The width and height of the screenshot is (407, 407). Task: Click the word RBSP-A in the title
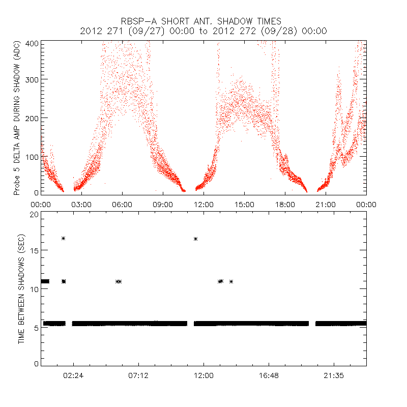[x=140, y=21]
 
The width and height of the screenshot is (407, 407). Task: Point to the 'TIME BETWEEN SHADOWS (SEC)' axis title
[x=22, y=288]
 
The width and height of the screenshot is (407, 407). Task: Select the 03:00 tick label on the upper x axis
[x=81, y=205]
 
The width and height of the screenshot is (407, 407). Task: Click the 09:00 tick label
[x=163, y=205]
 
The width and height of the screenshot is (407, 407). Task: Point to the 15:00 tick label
[x=244, y=205]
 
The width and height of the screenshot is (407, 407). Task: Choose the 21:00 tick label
[x=326, y=205]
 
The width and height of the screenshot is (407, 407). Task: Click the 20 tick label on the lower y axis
[x=34, y=215]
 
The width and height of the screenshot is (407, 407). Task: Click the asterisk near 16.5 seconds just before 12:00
[x=195, y=239]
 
